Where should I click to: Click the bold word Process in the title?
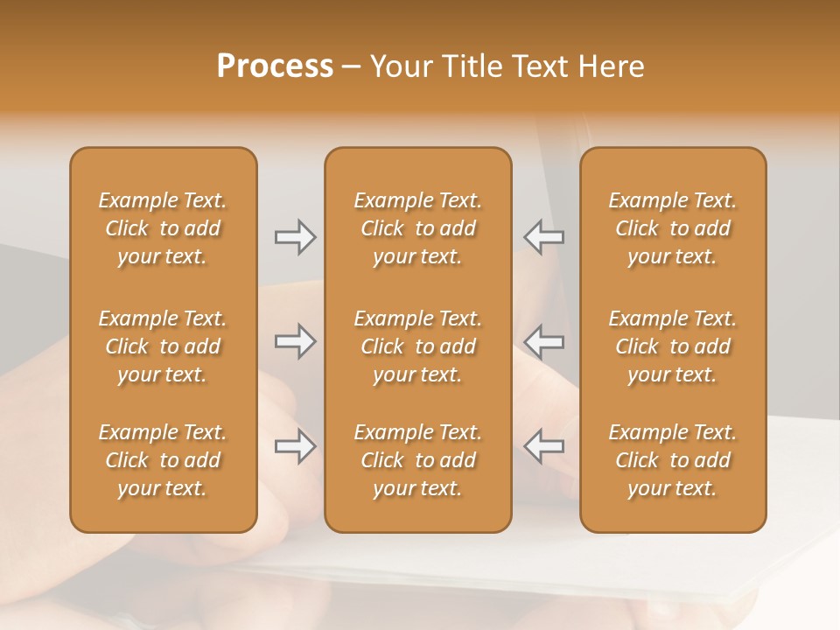[x=275, y=66]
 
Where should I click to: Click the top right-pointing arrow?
[x=295, y=237]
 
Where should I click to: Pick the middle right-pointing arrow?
[x=295, y=341]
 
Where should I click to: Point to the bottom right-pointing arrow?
[x=295, y=446]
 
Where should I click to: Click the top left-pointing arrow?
[x=544, y=237]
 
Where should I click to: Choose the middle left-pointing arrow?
[x=544, y=341]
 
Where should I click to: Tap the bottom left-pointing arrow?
[x=544, y=446]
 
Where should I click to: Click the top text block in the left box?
[x=163, y=228]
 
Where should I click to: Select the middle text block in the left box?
[x=163, y=346]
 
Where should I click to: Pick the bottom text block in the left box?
[x=163, y=460]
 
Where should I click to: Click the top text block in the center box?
[x=418, y=228]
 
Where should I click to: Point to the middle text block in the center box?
[x=418, y=346]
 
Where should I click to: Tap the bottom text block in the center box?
[x=418, y=460]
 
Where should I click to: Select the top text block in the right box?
[x=673, y=228]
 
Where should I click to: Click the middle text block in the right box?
[x=673, y=346]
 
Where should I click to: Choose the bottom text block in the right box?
[x=673, y=460]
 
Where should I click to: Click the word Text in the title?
[x=540, y=66]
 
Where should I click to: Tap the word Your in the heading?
[x=402, y=66]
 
